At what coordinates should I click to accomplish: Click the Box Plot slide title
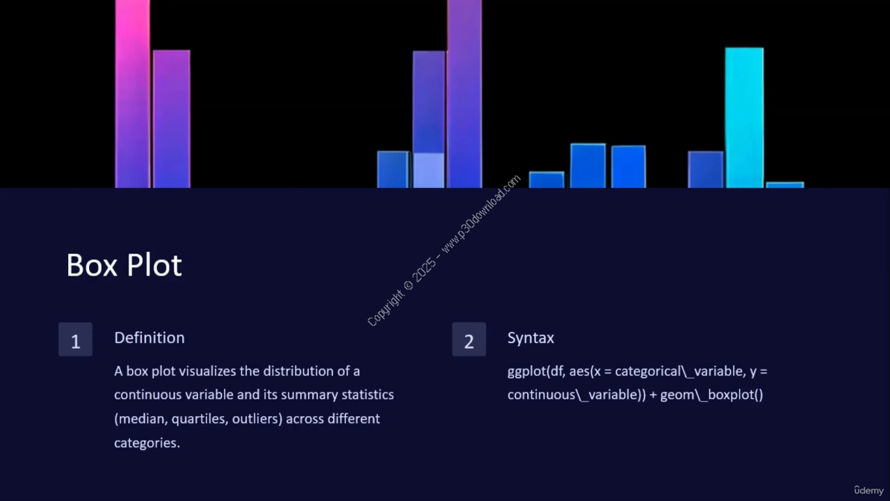pos(124,265)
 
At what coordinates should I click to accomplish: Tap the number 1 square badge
pos(76,339)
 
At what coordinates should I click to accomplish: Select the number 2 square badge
pos(469,339)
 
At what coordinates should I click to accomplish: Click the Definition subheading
pos(149,338)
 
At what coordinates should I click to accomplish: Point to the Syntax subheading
pos(531,338)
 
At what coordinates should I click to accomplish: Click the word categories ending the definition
pos(147,443)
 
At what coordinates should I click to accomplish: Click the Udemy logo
pos(868,491)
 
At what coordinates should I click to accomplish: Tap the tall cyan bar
pos(744,118)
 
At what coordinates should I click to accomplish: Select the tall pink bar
pos(133,94)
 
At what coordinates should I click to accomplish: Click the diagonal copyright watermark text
pos(444,250)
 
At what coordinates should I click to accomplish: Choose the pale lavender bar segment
pos(428,170)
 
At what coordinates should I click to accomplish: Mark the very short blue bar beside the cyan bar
pos(785,185)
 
